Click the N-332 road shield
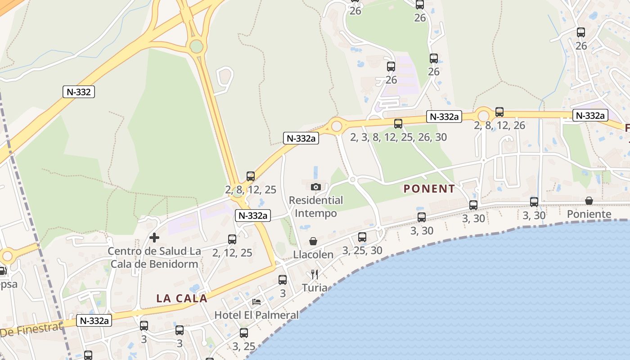click(x=78, y=92)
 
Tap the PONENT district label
click(x=429, y=189)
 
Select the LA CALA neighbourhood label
click(x=182, y=298)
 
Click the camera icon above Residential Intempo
click(x=316, y=187)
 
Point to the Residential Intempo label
click(x=316, y=207)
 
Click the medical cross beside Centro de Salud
click(x=154, y=237)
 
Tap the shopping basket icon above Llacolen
click(x=313, y=242)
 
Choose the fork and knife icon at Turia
click(x=315, y=274)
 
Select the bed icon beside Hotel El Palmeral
click(x=256, y=302)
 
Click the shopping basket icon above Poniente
click(x=589, y=201)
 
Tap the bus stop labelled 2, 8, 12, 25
click(x=251, y=176)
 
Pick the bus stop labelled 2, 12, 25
click(x=232, y=239)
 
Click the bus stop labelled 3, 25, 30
click(x=362, y=237)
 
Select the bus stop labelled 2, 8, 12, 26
click(x=499, y=112)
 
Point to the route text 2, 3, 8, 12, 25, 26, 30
click(x=398, y=137)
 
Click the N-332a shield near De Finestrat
click(x=94, y=320)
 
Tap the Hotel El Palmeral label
click(x=256, y=315)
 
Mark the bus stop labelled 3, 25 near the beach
click(x=244, y=333)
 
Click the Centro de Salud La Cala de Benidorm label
click(x=154, y=257)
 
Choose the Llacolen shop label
click(x=313, y=255)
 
